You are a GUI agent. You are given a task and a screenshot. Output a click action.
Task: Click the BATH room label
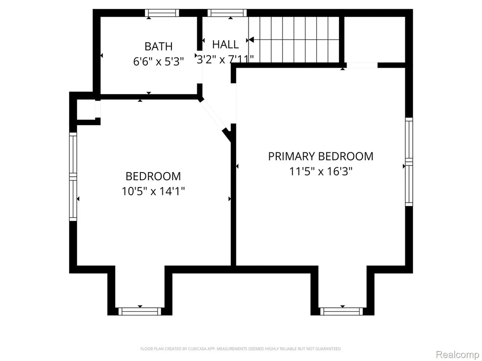click(x=158, y=47)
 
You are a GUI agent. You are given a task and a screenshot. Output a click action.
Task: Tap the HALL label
click(x=225, y=45)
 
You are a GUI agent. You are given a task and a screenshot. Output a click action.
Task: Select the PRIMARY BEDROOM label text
click(x=321, y=156)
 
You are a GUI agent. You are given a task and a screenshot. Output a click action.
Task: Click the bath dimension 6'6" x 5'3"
click(x=158, y=62)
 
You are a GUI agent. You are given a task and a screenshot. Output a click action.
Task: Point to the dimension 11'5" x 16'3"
click(x=321, y=171)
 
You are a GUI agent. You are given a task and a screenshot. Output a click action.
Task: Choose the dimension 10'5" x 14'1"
click(x=153, y=191)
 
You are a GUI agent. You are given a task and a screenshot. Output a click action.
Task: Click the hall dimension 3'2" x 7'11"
click(x=225, y=59)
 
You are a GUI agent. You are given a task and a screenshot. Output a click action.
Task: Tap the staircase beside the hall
click(x=294, y=39)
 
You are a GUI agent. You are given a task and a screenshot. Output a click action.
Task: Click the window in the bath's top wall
click(x=162, y=13)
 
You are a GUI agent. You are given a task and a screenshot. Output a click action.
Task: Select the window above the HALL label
click(x=227, y=13)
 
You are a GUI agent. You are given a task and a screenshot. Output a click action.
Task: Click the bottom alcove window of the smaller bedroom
click(x=140, y=311)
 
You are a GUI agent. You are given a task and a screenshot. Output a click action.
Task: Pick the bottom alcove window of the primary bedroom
click(x=342, y=311)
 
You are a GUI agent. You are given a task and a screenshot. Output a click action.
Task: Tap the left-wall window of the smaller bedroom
click(x=73, y=177)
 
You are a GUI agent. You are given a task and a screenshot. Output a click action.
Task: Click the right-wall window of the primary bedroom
click(x=409, y=162)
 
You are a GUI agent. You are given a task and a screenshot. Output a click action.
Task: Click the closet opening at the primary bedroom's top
click(x=362, y=65)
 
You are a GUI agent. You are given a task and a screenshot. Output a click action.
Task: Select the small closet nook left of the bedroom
click(x=86, y=110)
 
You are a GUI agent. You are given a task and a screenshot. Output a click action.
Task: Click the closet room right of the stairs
click(x=374, y=39)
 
